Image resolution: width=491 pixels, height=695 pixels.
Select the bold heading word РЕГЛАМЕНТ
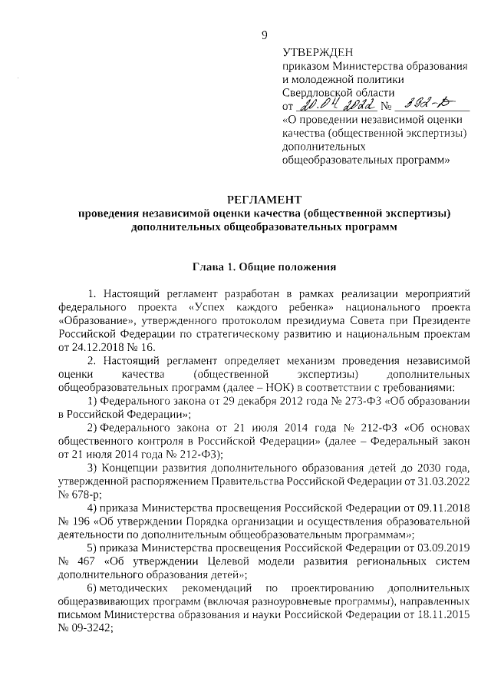click(265, 200)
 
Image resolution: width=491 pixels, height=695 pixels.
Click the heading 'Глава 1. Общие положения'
click(265, 267)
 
